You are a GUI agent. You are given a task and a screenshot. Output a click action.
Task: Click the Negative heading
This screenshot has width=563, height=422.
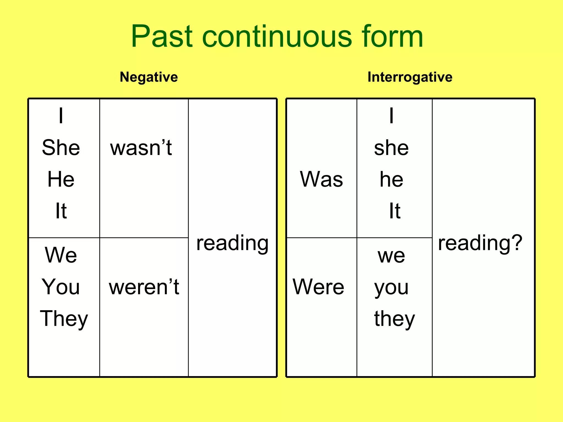click(x=149, y=77)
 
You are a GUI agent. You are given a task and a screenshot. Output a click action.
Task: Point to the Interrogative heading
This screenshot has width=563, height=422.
click(x=410, y=77)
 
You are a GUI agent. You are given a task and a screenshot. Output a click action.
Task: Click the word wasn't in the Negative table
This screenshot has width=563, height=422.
click(x=141, y=148)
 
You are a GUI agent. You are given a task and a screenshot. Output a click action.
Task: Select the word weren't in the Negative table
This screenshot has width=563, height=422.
click(x=144, y=287)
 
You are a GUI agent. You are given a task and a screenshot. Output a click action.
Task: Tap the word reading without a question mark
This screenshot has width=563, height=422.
click(x=232, y=243)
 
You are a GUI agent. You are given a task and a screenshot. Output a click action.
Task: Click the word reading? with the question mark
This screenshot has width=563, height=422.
click(x=480, y=243)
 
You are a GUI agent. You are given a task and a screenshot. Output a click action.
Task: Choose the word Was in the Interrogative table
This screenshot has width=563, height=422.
click(x=321, y=179)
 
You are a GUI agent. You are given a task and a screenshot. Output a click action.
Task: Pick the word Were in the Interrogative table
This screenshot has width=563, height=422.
click(x=318, y=287)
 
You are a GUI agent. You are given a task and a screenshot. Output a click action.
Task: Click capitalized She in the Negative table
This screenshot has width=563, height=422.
click(x=61, y=148)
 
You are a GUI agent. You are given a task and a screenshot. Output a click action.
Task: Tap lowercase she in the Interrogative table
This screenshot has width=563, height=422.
click(x=391, y=148)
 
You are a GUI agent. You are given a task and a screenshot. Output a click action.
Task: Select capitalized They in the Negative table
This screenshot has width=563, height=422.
click(x=64, y=319)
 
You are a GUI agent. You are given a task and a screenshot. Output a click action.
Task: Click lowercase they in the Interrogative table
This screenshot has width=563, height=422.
click(x=394, y=319)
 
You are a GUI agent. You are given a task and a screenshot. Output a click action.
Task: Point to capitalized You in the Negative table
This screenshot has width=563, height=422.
click(x=61, y=287)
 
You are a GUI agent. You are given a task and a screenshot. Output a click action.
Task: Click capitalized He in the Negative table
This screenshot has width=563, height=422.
click(x=61, y=179)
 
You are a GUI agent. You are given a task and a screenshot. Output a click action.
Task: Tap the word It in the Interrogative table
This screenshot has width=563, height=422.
click(x=395, y=211)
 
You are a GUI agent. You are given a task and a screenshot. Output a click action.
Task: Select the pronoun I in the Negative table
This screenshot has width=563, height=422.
click(x=61, y=116)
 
